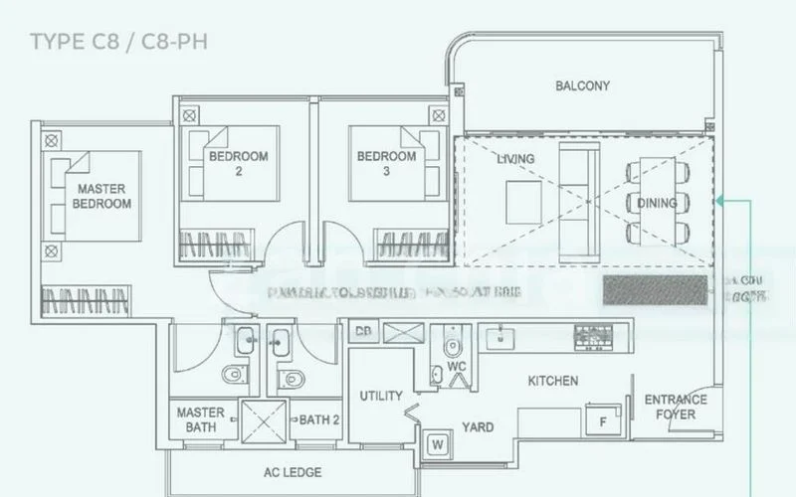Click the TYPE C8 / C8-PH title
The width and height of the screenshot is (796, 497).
118,43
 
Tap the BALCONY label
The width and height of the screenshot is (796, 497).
582,86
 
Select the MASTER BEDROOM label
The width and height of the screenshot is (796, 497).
101,196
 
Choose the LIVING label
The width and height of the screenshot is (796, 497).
515,159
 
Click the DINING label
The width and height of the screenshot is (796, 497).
658,204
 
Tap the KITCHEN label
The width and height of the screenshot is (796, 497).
552,381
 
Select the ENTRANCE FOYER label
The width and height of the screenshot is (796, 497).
676,407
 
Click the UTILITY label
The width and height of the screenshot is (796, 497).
380,396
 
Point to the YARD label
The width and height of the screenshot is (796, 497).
478,427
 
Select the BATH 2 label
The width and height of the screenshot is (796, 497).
319,419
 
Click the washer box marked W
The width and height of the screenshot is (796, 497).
437,444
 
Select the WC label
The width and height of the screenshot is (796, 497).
457,366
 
